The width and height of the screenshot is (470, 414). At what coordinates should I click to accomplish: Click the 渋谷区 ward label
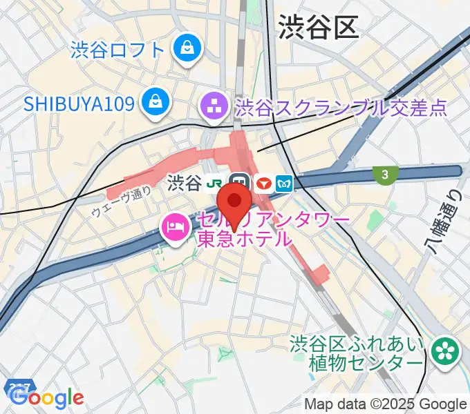tap(319, 28)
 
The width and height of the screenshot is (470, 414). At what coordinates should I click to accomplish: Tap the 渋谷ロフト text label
tap(117, 50)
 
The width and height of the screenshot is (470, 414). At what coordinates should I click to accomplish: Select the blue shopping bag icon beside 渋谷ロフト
tap(187, 48)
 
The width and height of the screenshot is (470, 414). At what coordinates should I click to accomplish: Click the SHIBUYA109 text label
tap(79, 103)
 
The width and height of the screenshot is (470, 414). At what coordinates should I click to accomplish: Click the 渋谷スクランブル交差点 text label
tap(341, 107)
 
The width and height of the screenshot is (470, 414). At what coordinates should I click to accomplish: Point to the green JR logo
tap(217, 183)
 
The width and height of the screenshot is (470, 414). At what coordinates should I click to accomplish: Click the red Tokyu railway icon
tap(263, 183)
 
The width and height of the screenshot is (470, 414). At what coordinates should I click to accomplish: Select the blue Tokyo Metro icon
tap(285, 183)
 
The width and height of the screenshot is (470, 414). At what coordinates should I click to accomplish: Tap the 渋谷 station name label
tap(184, 183)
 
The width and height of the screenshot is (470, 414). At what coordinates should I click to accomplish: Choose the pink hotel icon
tap(173, 228)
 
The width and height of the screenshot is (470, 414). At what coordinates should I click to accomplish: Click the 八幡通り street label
tap(451, 221)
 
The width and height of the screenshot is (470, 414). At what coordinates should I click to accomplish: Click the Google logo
tap(46, 397)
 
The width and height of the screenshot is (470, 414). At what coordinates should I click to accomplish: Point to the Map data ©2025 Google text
tap(386, 404)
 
